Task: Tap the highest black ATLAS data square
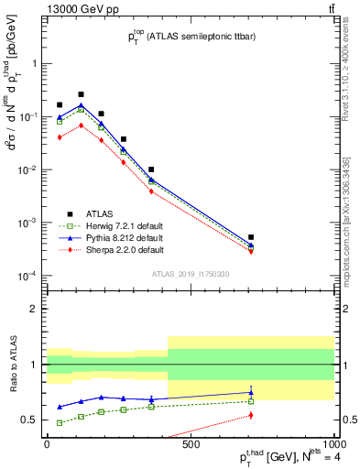[81, 94]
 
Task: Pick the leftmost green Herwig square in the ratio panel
[60, 423]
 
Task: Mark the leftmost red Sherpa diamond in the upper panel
[60, 137]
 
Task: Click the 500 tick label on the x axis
[191, 444]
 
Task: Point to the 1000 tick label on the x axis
[332, 444]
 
